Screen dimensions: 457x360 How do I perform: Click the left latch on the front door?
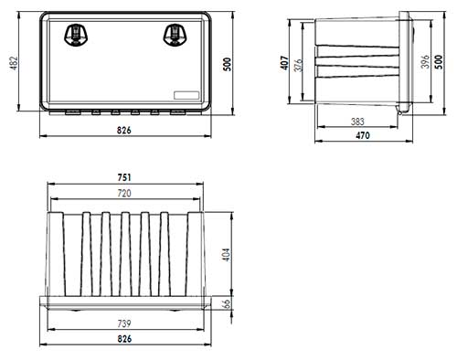[76, 35]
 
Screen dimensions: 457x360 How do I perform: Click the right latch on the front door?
[175, 35]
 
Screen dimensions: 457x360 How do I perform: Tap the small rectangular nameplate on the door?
[186, 95]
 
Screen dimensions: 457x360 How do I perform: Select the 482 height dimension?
[15, 63]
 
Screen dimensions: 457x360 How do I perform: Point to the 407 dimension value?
[284, 63]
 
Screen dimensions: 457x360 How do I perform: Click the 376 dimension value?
[298, 65]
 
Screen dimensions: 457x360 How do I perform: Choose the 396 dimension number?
[426, 61]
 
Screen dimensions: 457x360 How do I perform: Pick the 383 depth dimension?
[357, 122]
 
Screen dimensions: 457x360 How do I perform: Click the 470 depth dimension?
[363, 135]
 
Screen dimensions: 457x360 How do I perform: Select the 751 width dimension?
[124, 177]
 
